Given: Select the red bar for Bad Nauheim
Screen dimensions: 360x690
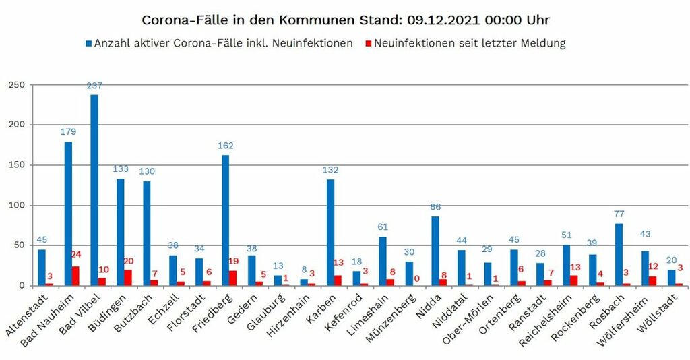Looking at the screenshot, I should (76, 276).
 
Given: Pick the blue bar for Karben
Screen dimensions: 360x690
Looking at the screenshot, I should (330, 233).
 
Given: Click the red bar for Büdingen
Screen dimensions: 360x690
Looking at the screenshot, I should (128, 278).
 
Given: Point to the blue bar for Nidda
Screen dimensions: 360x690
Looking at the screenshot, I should (435, 251).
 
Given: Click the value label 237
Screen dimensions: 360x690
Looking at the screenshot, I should (94, 86).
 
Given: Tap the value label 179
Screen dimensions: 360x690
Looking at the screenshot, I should (68, 133).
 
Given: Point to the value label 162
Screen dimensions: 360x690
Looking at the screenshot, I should (225, 146).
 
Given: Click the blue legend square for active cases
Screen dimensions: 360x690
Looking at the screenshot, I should (88, 44).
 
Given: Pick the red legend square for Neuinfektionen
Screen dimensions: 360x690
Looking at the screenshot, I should (368, 44).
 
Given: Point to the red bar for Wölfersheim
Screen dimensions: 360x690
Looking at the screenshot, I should (653, 281).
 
